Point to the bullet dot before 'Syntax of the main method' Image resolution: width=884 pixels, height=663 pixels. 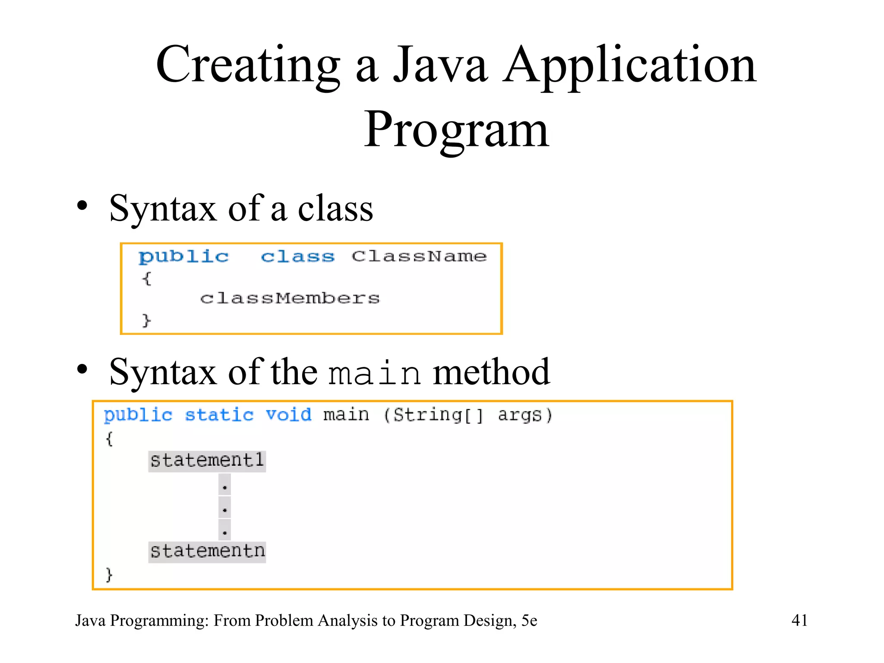(x=82, y=369)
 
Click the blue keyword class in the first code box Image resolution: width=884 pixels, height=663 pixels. (x=298, y=257)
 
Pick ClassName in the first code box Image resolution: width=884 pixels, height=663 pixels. (x=419, y=256)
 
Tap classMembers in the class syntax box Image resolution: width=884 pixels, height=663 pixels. (x=290, y=298)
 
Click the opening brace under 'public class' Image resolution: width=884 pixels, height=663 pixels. (x=147, y=278)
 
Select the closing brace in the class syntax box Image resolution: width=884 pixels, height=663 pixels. (x=147, y=320)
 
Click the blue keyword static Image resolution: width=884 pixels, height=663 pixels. (x=219, y=415)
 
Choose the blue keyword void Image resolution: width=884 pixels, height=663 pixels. (x=288, y=415)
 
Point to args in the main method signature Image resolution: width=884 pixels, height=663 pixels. (x=519, y=416)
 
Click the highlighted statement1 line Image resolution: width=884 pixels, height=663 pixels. (x=207, y=461)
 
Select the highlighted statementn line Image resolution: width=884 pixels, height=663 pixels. (x=207, y=552)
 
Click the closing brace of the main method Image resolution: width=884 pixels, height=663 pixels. (x=109, y=575)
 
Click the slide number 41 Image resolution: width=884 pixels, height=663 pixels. (x=799, y=620)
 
